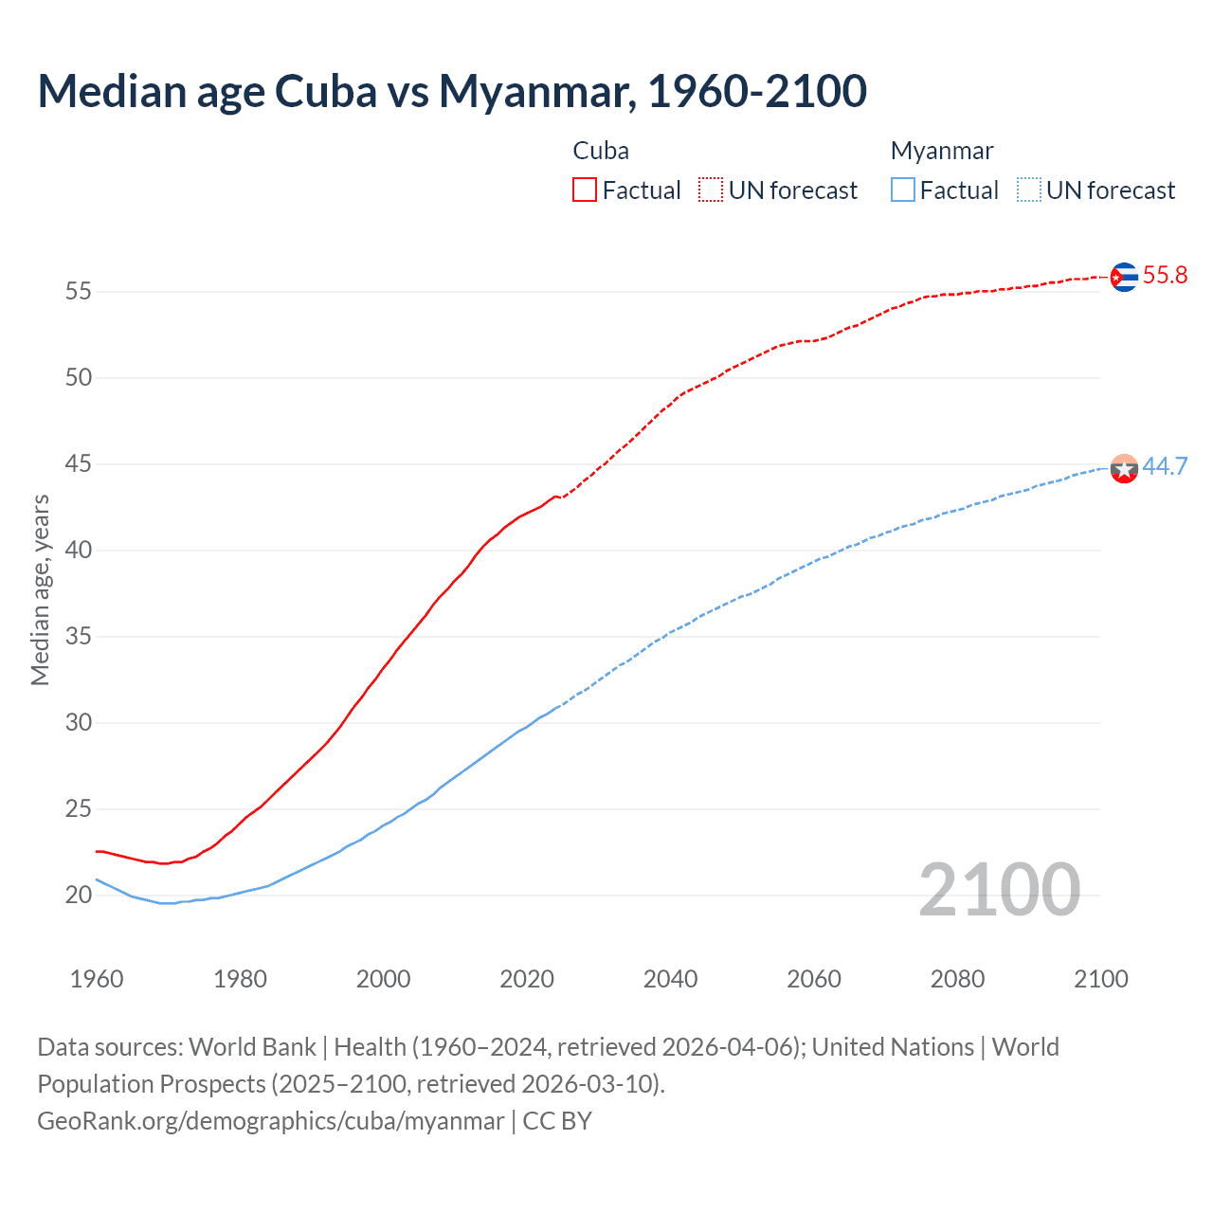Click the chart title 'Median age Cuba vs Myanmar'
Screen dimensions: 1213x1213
coord(451,91)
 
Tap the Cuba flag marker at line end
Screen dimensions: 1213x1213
coord(1124,277)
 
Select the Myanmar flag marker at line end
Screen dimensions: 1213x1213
coord(1124,468)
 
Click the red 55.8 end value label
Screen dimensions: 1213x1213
coord(1165,276)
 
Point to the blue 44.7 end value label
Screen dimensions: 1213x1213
coord(1165,466)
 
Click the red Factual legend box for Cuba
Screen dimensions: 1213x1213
coord(585,190)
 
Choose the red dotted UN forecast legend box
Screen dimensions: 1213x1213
coord(711,190)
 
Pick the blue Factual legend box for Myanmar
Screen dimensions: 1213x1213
coord(903,190)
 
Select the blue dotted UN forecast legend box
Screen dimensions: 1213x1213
coord(1029,190)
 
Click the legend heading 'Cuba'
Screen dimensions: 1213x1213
coord(601,151)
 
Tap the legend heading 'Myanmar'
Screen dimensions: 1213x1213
coord(942,151)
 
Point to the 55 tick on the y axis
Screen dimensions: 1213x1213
coord(79,292)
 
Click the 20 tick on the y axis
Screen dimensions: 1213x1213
coord(79,895)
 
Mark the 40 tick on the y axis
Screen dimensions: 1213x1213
coord(79,551)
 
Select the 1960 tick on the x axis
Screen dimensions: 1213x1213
coord(97,979)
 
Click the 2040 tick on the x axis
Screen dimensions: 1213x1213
coord(670,979)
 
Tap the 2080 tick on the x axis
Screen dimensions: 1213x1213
coord(957,979)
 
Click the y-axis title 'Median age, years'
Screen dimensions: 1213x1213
coord(40,589)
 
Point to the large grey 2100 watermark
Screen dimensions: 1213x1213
coord(999,889)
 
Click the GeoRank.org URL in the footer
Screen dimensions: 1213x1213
coord(270,1121)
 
